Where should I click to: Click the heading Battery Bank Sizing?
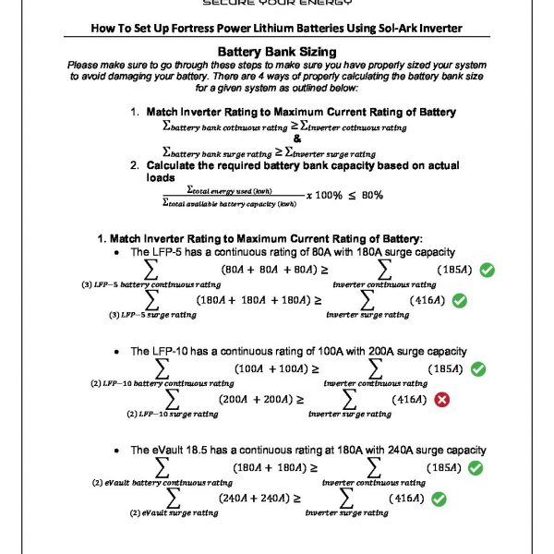pyautogui.click(x=276, y=53)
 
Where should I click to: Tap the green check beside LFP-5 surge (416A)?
pyautogui.click(x=459, y=301)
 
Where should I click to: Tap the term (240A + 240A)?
pyautogui.click(x=255, y=498)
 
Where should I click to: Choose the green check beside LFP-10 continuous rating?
pyautogui.click(x=477, y=368)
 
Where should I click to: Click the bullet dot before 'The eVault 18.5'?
pyautogui.click(x=117, y=450)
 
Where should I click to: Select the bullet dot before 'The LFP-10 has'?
pyautogui.click(x=117, y=352)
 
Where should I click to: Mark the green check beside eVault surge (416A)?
pyautogui.click(x=440, y=499)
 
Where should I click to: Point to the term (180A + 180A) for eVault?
pyautogui.click(x=271, y=467)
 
